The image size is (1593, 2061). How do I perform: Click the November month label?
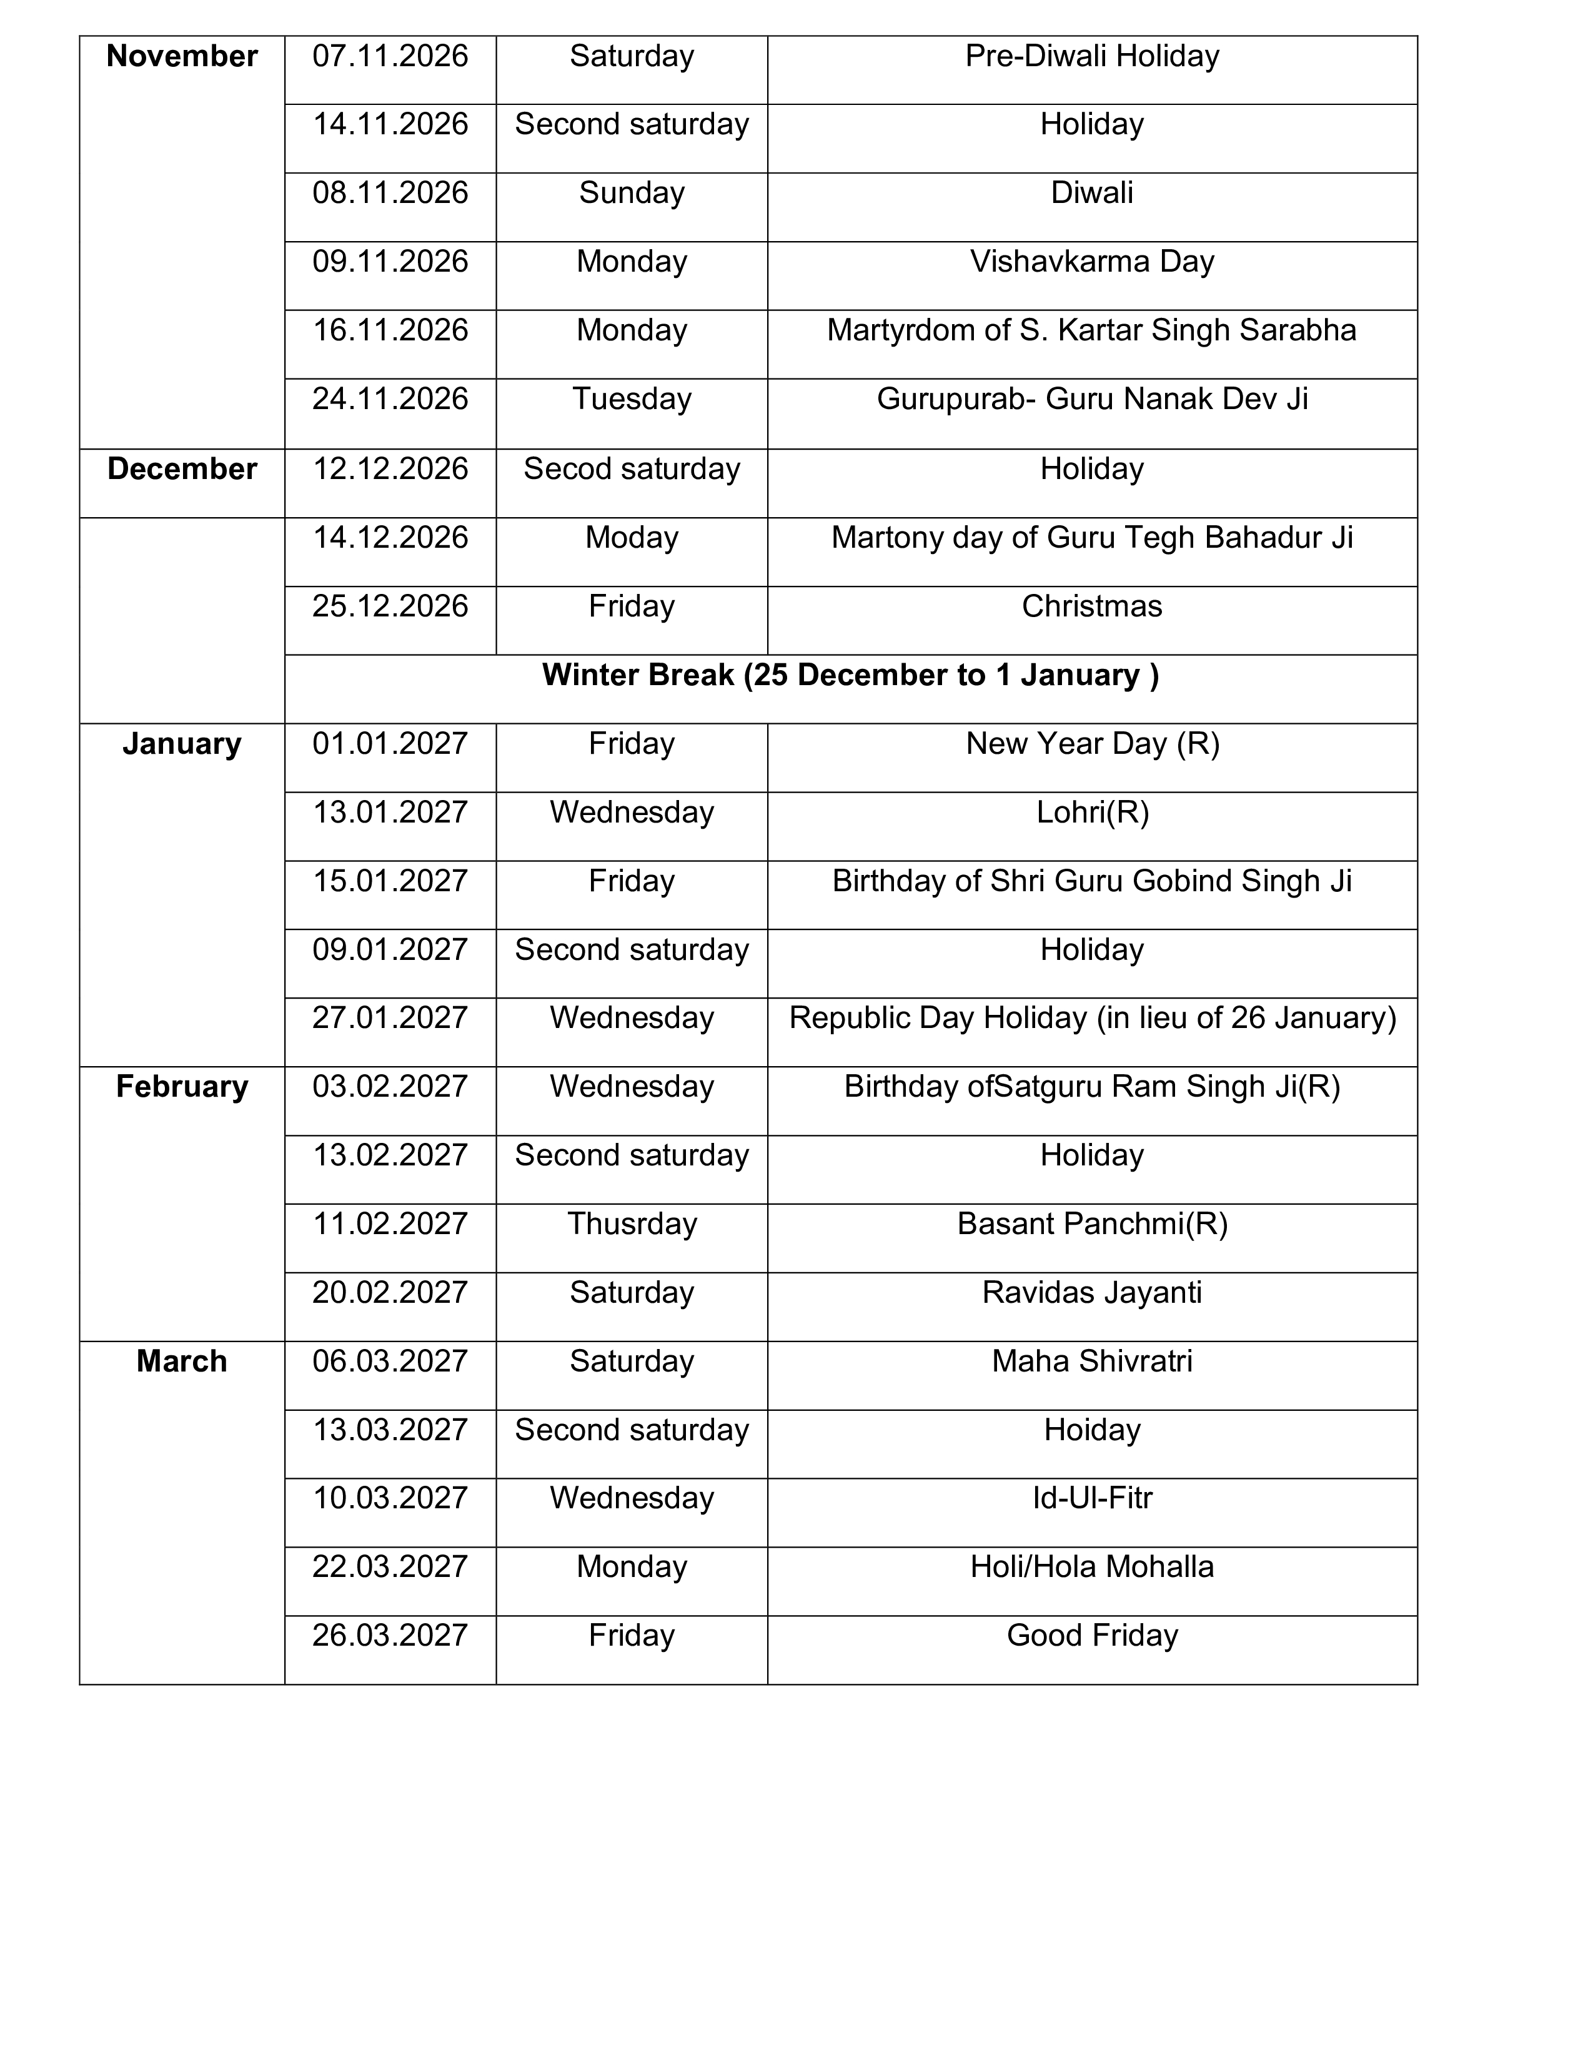click(182, 57)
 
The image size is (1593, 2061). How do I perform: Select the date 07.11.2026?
click(390, 57)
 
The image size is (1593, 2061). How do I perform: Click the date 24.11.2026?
click(390, 399)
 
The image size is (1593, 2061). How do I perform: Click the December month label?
click(182, 469)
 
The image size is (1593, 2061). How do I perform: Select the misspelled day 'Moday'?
click(632, 538)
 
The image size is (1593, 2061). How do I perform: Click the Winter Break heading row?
click(850, 676)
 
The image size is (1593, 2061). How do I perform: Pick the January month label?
click(182, 744)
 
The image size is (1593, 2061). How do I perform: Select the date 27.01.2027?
click(390, 1018)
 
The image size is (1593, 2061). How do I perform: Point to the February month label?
click(182, 1087)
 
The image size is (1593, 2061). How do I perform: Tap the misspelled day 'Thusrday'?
click(632, 1224)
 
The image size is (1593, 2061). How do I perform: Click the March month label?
click(182, 1362)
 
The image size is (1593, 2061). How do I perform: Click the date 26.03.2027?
click(390, 1636)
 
